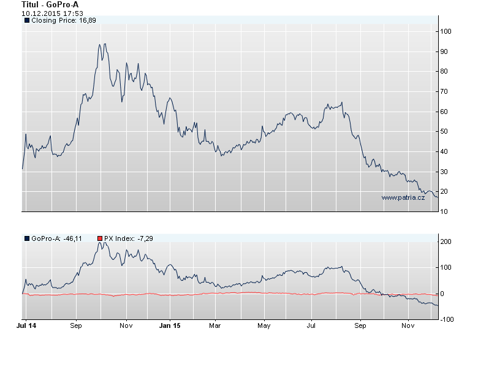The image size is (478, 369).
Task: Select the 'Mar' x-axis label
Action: (x=214, y=325)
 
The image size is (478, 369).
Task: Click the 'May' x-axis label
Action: (x=264, y=325)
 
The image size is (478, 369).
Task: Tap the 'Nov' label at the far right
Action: (x=408, y=325)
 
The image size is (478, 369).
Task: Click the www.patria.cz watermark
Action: (x=403, y=197)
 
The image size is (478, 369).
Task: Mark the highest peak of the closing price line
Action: (x=105, y=44)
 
